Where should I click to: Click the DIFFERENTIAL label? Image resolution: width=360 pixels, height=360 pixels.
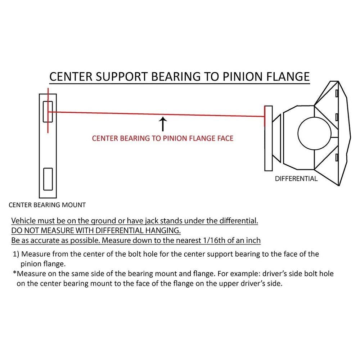(x=296, y=179)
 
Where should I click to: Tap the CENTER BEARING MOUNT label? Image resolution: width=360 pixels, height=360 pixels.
(x=47, y=205)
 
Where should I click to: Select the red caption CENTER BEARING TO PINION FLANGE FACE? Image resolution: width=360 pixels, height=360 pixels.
(x=163, y=138)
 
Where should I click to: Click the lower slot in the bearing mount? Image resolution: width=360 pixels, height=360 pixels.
(x=48, y=179)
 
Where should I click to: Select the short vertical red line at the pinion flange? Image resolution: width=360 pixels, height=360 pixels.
(x=265, y=116)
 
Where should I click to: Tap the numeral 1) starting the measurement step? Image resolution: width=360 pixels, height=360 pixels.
(x=16, y=255)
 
